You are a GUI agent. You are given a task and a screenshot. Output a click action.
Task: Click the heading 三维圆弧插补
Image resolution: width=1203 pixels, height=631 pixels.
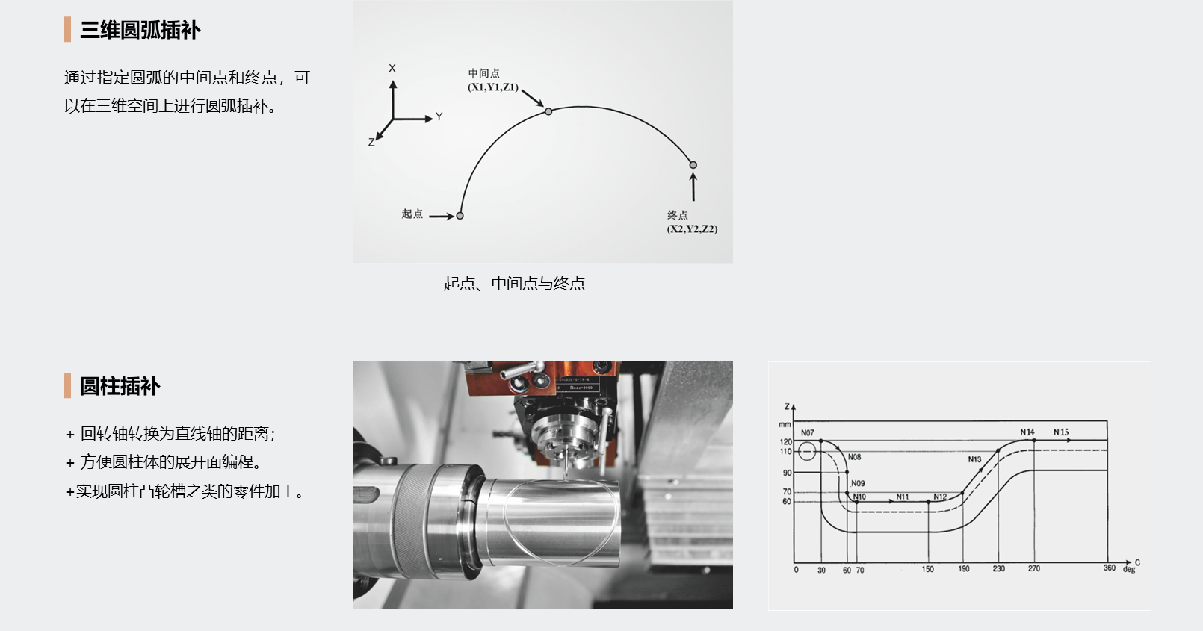(140, 30)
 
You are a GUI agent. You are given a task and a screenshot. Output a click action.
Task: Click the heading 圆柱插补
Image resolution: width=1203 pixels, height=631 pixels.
(120, 386)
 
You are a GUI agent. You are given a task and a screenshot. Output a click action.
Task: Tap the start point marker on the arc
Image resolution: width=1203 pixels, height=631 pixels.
(460, 216)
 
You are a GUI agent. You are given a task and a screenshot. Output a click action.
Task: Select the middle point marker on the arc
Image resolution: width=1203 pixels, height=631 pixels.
(548, 111)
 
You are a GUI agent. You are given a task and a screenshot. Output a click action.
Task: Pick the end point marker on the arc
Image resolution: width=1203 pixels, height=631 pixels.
(693, 165)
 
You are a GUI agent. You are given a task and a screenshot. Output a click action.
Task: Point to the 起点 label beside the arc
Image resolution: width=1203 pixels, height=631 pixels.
(412, 214)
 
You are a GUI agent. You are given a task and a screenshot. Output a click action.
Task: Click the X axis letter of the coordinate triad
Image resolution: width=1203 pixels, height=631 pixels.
(392, 69)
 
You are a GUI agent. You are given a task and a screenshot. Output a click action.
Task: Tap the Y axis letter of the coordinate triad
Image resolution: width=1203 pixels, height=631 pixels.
(439, 116)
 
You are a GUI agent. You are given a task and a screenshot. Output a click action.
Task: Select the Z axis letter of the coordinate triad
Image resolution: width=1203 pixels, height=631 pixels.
(371, 142)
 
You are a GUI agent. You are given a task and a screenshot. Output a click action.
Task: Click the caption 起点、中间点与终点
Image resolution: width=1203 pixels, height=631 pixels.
(514, 283)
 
